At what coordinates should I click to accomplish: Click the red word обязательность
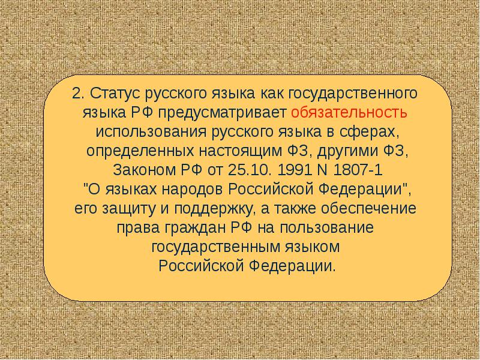[349, 113]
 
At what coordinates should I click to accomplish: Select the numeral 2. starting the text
[79, 94]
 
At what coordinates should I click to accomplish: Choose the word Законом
[144, 170]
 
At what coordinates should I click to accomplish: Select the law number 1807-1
[358, 170]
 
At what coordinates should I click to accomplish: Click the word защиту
[127, 209]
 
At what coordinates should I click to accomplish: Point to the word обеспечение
[369, 209]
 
